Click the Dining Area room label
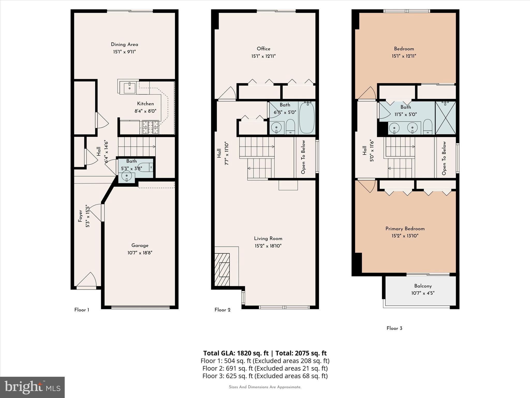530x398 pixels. tap(124, 45)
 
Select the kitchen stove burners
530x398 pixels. tap(150, 127)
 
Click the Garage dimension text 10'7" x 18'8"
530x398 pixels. tap(140, 253)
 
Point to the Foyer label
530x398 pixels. tap(80, 216)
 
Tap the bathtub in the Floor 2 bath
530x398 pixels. tap(307, 118)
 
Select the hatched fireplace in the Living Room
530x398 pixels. tap(222, 270)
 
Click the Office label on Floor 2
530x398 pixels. tap(263, 49)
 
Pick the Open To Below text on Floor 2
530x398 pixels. tap(303, 157)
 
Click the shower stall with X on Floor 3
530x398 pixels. tap(445, 118)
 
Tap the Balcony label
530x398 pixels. tap(423, 286)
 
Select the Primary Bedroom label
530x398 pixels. tap(405, 229)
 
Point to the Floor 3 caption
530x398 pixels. tap(394, 328)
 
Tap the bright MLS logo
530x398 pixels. tap(32, 387)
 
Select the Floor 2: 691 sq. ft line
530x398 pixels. tap(265, 368)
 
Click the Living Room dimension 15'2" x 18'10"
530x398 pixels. tap(268, 246)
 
